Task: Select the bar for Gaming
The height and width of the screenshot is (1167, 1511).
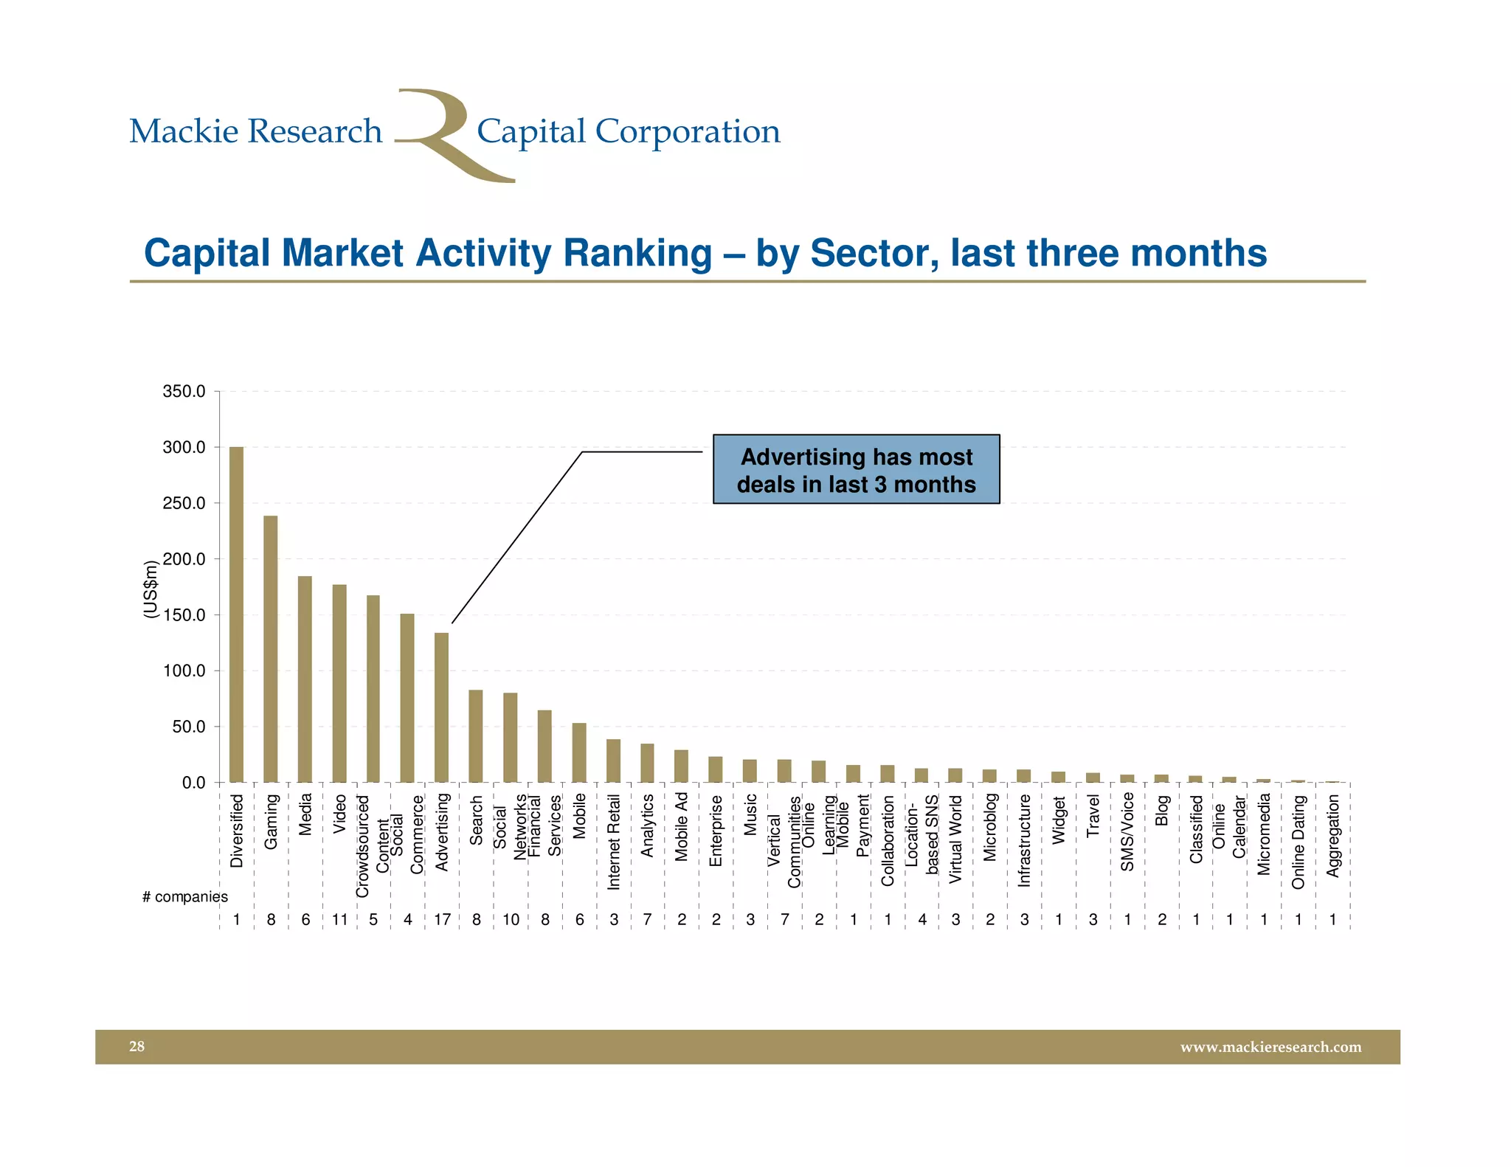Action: click(271, 649)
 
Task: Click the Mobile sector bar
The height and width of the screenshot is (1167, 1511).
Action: click(579, 752)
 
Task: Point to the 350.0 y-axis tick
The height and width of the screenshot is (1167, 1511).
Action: click(184, 391)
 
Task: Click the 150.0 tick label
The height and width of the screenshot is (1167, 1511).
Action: click(184, 615)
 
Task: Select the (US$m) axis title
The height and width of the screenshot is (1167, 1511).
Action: click(151, 589)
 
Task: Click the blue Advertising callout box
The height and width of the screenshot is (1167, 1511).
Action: click(856, 470)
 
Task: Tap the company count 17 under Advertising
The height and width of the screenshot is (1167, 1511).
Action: click(442, 920)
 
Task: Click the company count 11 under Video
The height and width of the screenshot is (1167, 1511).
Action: click(339, 920)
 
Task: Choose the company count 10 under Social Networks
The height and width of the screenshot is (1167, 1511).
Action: click(511, 920)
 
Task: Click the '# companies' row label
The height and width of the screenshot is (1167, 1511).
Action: click(184, 897)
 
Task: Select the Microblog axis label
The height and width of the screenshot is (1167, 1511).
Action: click(990, 827)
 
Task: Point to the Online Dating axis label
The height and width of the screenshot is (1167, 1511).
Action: click(1299, 842)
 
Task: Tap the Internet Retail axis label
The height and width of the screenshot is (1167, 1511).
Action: click(614, 842)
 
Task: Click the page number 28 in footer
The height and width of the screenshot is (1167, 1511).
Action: click(137, 1046)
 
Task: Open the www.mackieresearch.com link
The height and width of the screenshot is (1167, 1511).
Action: click(1270, 1047)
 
